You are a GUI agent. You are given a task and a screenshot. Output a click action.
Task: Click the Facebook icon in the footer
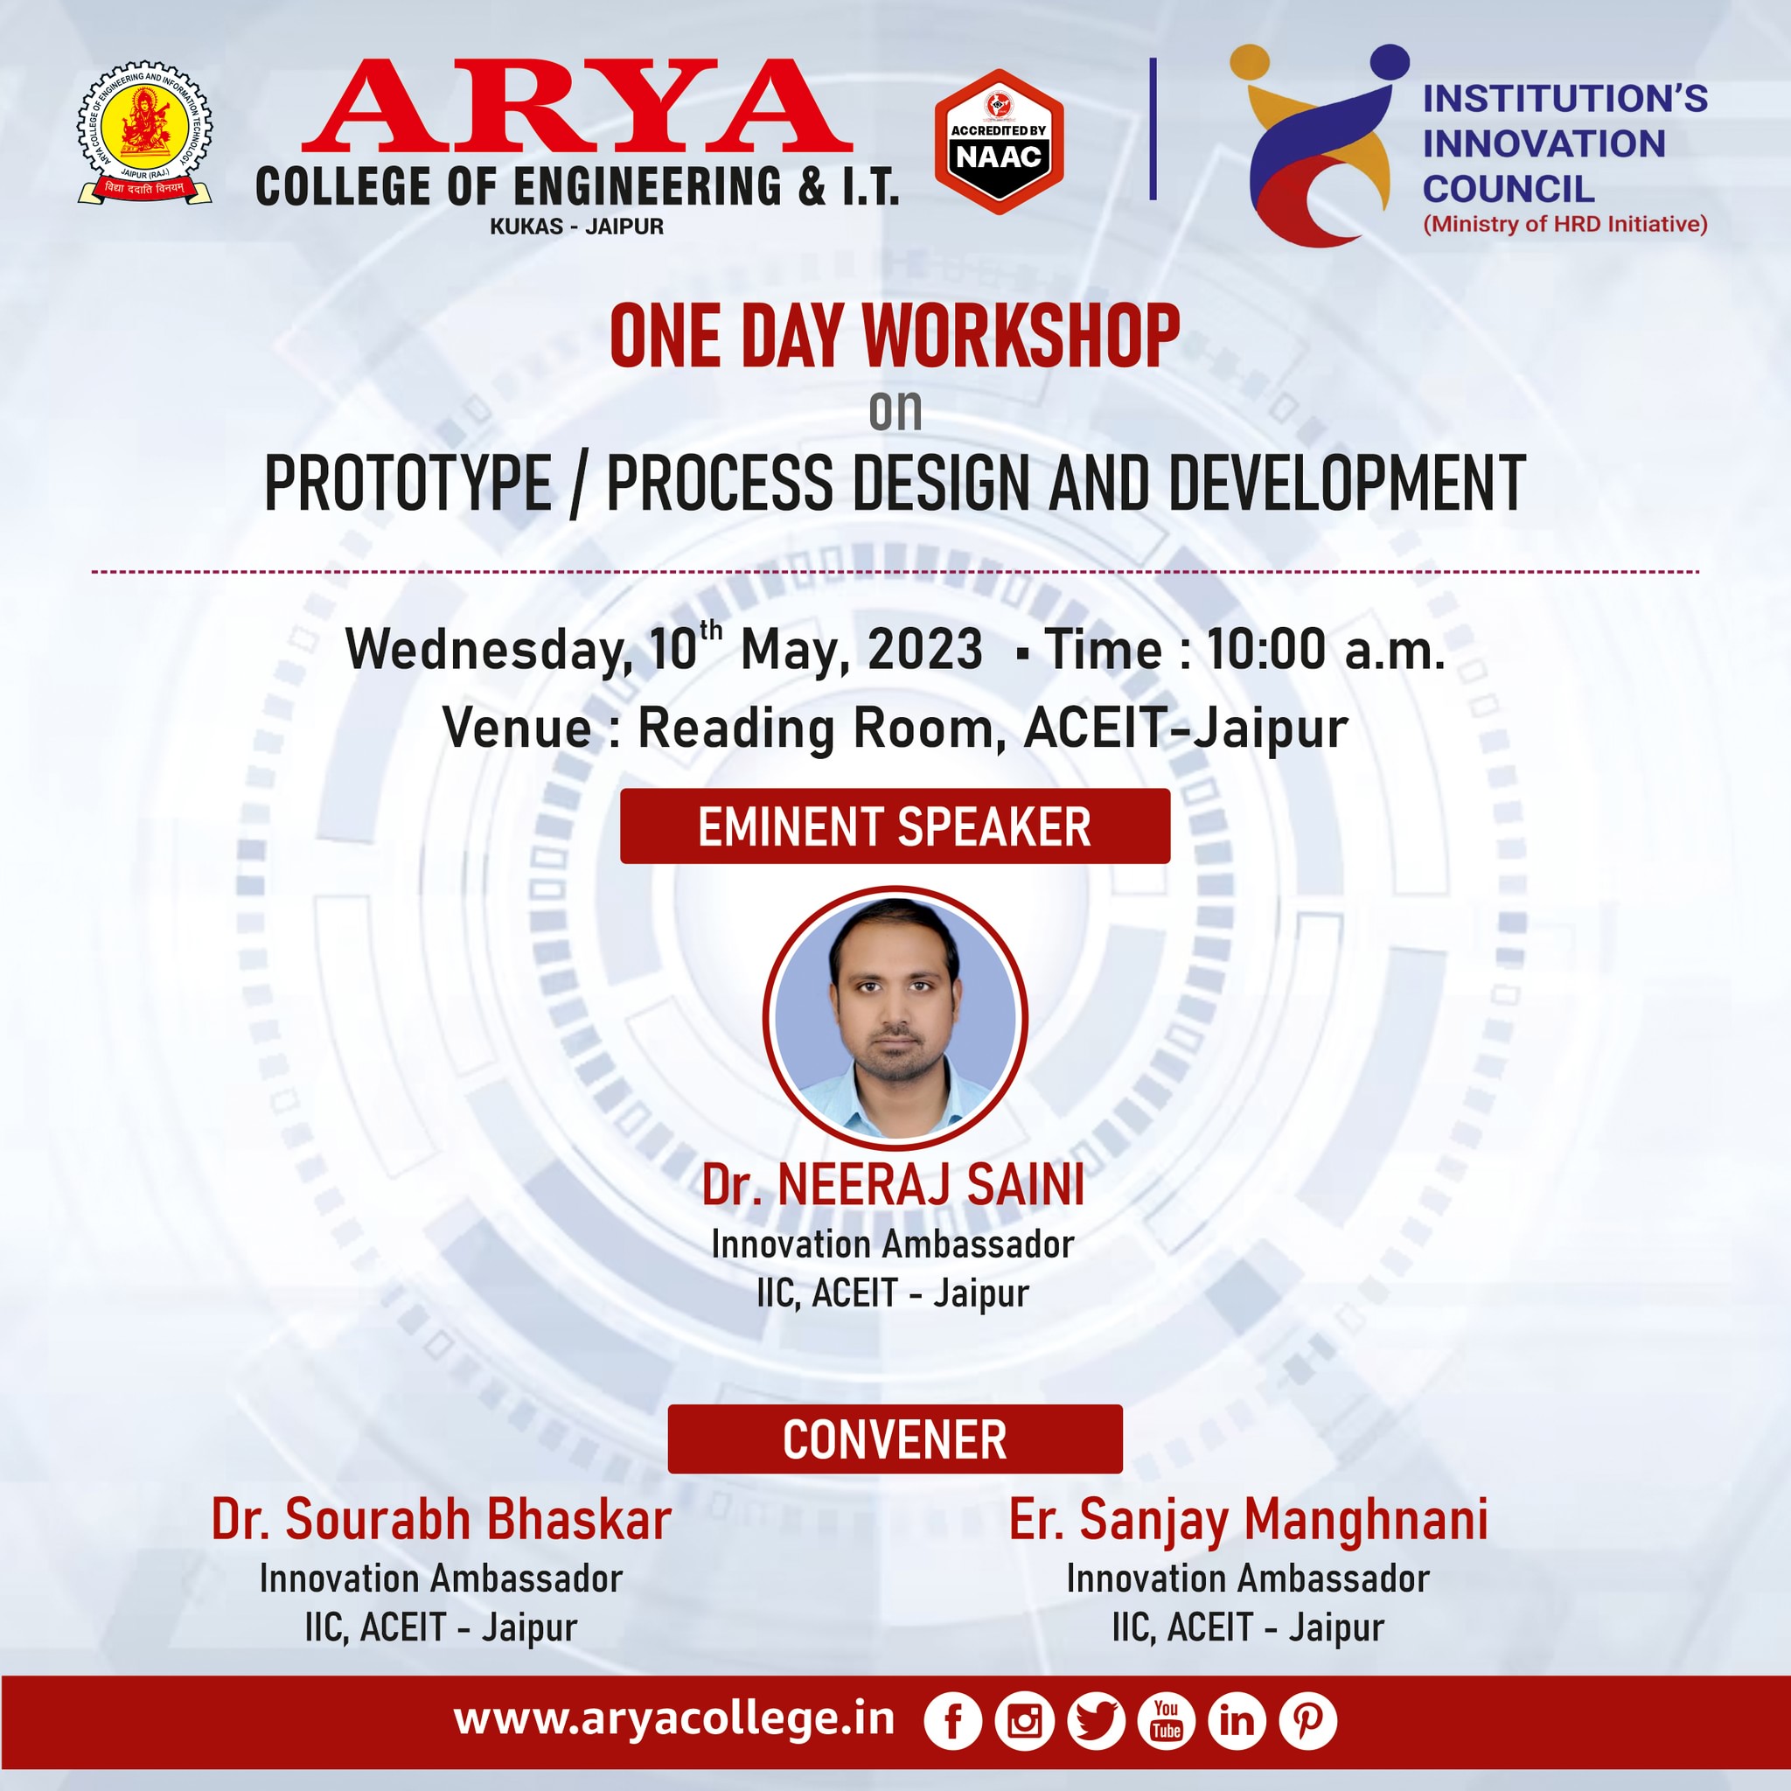(x=952, y=1720)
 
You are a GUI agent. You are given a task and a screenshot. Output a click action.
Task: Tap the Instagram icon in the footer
(x=1024, y=1720)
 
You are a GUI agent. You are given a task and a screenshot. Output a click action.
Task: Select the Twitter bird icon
(x=1096, y=1720)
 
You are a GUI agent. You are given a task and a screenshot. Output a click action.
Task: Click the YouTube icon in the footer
(x=1167, y=1720)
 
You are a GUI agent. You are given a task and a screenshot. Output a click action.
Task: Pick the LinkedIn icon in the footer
(x=1237, y=1720)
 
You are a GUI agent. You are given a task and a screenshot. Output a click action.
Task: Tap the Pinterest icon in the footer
(x=1308, y=1720)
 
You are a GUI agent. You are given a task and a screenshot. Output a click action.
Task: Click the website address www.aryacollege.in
(x=674, y=1720)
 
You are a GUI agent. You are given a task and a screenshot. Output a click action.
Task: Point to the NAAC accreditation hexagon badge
(x=999, y=142)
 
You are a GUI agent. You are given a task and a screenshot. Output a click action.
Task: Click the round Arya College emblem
(x=144, y=134)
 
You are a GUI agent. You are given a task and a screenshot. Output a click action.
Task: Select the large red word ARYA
(x=576, y=106)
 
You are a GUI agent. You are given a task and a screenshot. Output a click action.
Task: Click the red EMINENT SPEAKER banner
(x=895, y=826)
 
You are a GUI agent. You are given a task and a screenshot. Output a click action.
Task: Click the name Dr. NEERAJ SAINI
(x=893, y=1185)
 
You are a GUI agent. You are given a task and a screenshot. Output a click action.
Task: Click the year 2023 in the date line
(x=925, y=649)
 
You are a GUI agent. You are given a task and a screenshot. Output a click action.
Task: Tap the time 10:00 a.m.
(x=1326, y=649)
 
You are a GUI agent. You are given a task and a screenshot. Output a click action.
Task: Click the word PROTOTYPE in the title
(x=408, y=483)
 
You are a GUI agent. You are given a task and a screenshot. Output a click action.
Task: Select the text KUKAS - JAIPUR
(x=576, y=226)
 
